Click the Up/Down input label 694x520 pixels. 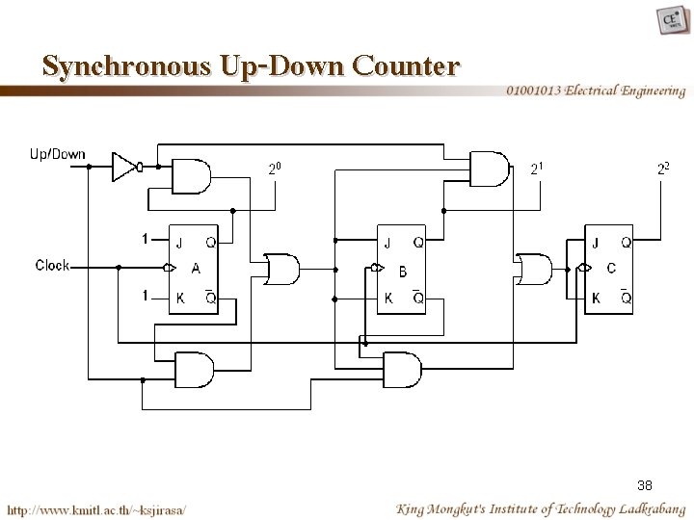(58, 153)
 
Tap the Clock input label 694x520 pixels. (52, 265)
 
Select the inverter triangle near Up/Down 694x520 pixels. (124, 167)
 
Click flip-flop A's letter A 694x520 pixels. (195, 269)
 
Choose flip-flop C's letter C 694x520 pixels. (611, 269)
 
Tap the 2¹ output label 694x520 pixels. (538, 169)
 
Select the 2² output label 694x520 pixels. (663, 169)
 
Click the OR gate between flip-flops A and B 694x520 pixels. (280, 270)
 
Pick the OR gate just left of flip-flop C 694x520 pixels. (533, 270)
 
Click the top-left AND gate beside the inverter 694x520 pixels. (190, 176)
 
